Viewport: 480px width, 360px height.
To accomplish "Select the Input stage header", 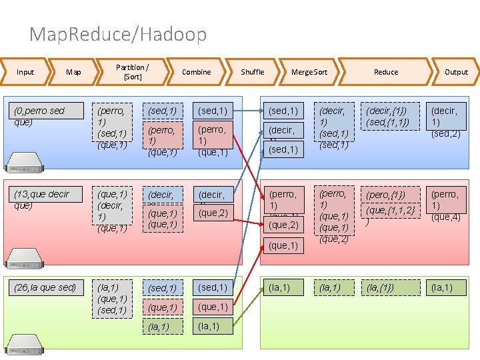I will click(x=25, y=72).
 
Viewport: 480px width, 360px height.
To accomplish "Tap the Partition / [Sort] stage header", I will click(x=132, y=72).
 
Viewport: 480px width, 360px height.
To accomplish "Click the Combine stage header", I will click(x=196, y=72).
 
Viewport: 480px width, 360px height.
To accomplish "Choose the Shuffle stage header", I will click(x=253, y=72).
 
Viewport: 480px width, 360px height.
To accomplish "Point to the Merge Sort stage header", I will click(x=309, y=72).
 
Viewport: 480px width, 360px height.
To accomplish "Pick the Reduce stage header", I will click(x=385, y=72).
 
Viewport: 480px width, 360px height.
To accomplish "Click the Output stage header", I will click(x=456, y=72).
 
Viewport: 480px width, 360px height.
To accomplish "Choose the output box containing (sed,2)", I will click(x=446, y=121).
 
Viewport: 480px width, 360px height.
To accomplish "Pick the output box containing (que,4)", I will click(x=446, y=205).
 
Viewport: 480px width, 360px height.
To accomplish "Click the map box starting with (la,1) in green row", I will click(x=112, y=299).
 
